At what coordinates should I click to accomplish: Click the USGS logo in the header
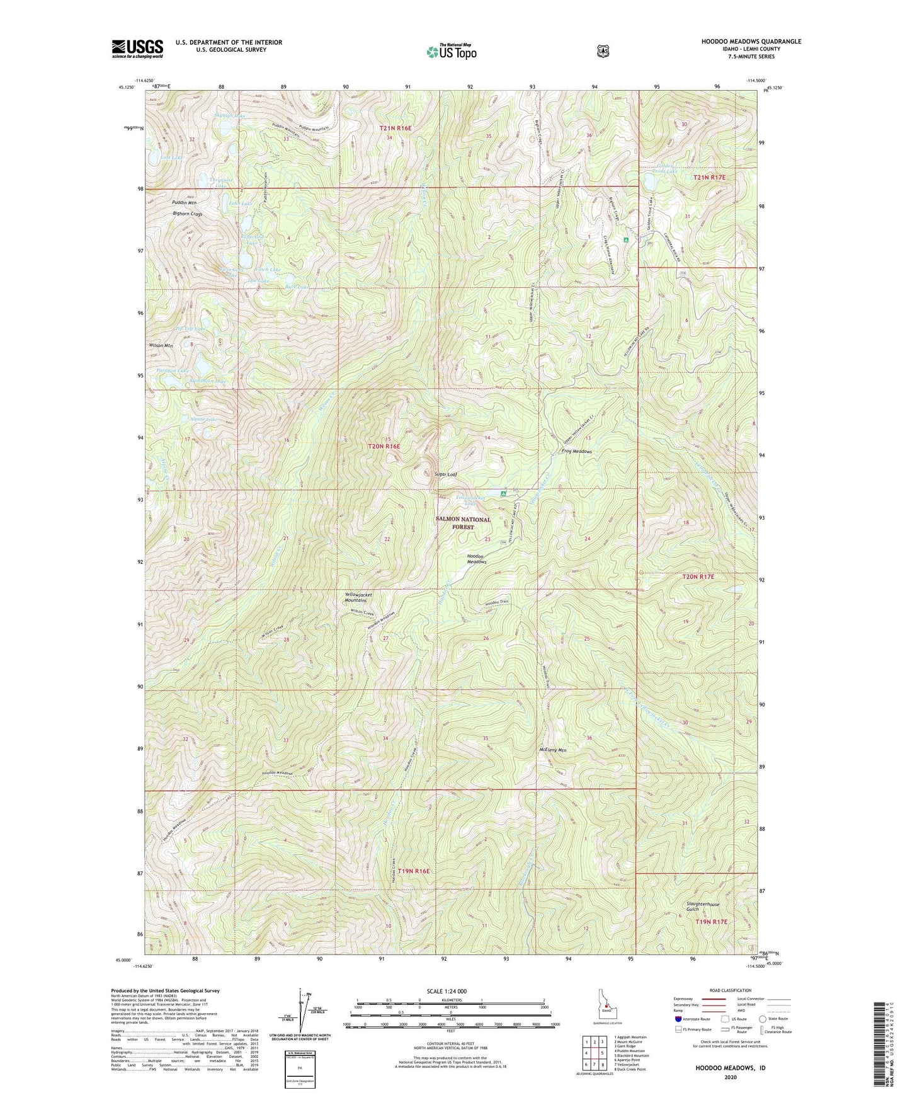[x=137, y=49]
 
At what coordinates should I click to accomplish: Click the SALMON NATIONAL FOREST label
[x=463, y=523]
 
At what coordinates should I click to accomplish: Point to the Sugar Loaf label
[x=446, y=473]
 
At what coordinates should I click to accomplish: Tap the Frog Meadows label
[x=576, y=451]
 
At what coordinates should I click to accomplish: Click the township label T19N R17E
[x=711, y=921]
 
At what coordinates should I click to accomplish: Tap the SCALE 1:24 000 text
[x=450, y=991]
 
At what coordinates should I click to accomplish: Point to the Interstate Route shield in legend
[x=678, y=1019]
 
